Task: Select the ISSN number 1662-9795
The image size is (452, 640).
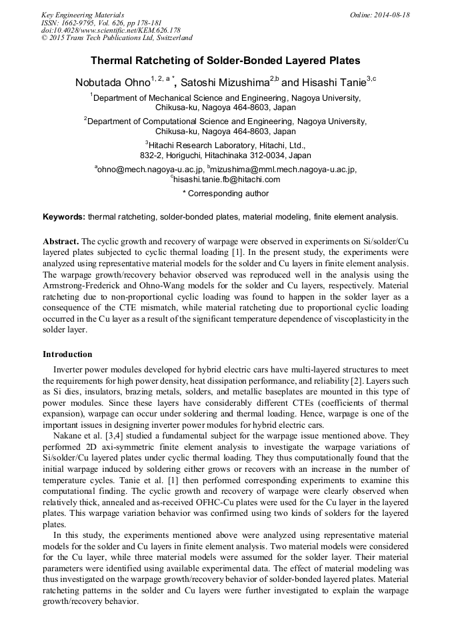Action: click(80, 23)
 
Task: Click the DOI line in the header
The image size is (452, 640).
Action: click(111, 31)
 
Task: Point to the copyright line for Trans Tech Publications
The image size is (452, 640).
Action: click(117, 38)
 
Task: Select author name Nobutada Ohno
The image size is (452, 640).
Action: click(113, 83)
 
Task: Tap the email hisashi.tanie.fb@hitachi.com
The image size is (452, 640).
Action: click(227, 179)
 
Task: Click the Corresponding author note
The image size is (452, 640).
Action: click(226, 194)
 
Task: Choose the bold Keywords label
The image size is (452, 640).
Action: click(64, 217)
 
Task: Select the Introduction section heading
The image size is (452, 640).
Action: click(67, 354)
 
